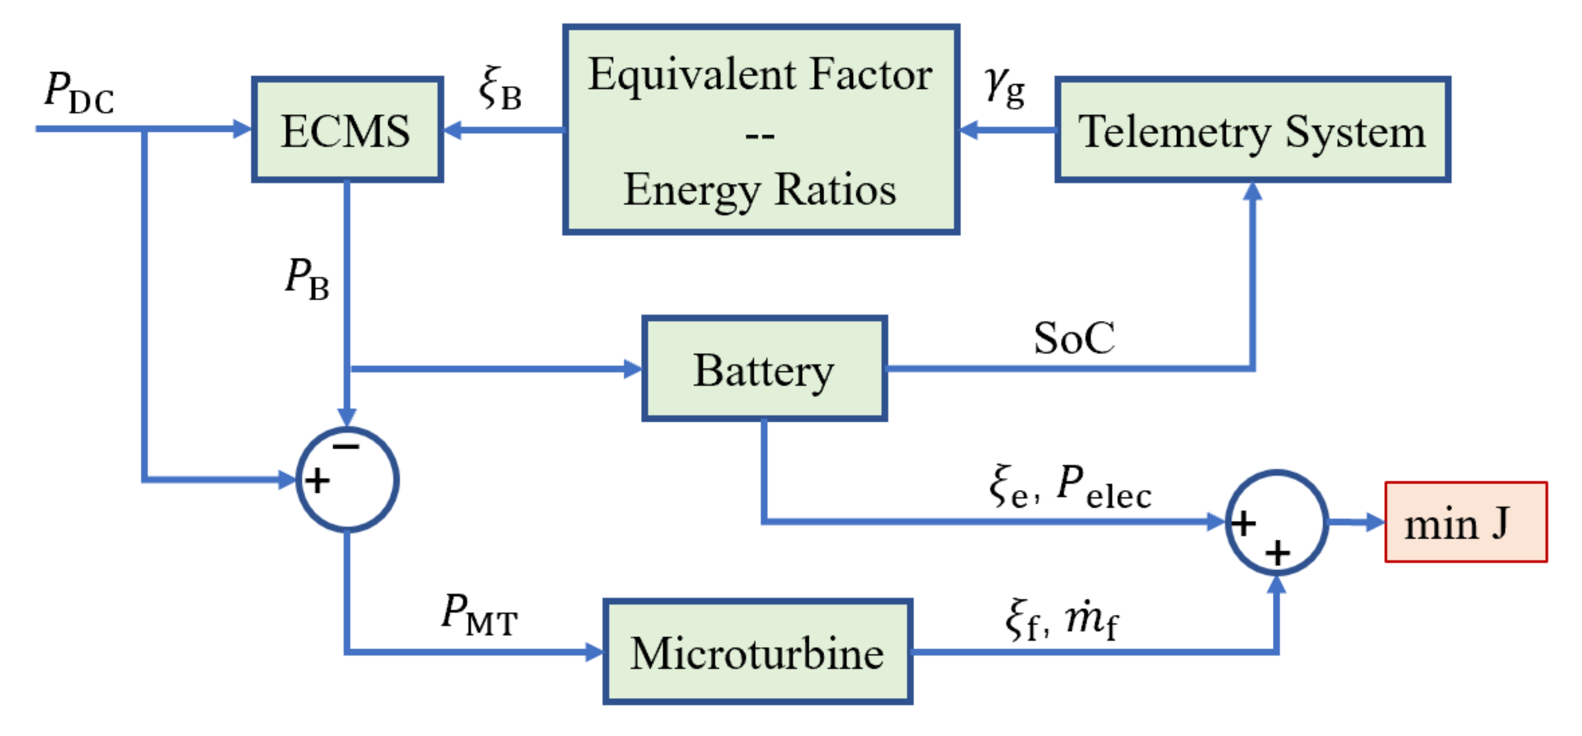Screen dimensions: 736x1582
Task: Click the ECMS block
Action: (x=347, y=130)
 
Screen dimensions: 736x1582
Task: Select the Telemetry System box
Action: (x=1252, y=130)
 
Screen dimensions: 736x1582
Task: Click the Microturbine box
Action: (x=757, y=652)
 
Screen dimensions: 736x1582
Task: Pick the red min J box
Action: (x=1465, y=523)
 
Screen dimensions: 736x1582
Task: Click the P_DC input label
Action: (x=79, y=93)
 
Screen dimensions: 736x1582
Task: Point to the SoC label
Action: (x=1073, y=338)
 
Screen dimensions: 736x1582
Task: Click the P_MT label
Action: (x=480, y=615)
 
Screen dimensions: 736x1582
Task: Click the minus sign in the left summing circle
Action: (x=346, y=447)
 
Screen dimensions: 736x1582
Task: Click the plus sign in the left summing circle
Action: (x=318, y=480)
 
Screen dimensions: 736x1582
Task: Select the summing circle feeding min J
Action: (x=1277, y=523)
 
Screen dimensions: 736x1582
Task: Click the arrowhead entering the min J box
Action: (x=1374, y=523)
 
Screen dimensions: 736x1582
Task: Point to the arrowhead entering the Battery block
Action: (x=632, y=369)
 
